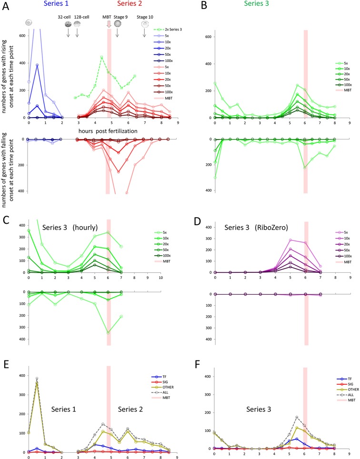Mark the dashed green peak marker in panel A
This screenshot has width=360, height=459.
click(101, 58)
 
